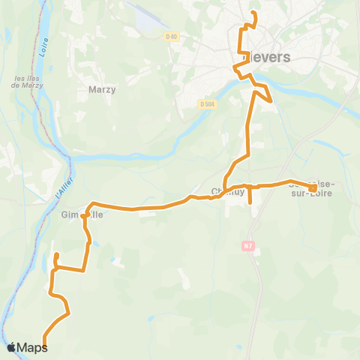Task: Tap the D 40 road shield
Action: [172, 37]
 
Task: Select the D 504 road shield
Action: [208, 104]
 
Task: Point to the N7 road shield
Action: [249, 244]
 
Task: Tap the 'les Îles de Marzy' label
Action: [25, 81]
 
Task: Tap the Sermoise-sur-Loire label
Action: [313, 187]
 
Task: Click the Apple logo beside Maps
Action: [12, 347]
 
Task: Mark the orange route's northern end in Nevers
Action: [253, 13]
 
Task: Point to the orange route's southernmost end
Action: [44, 346]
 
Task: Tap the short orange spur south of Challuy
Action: [250, 200]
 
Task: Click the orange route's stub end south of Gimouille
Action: [55, 257]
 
